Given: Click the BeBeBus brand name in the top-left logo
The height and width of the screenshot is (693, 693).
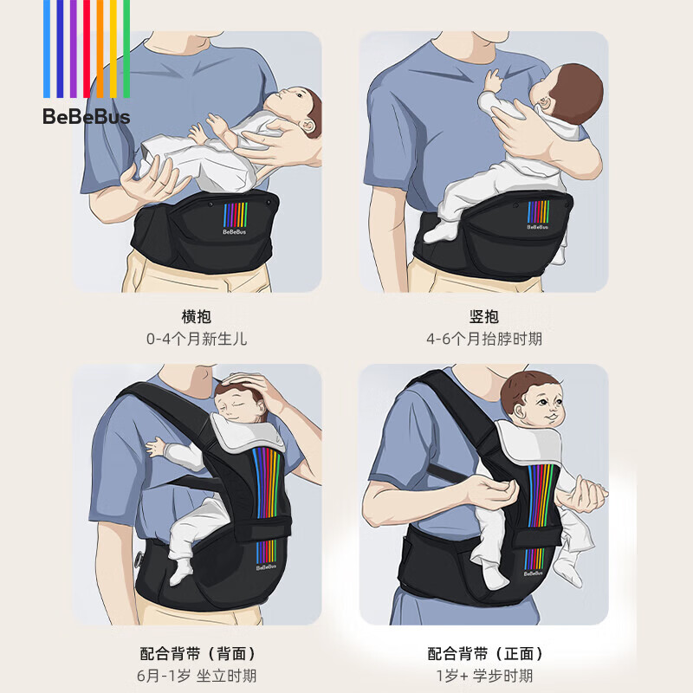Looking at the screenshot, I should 86,117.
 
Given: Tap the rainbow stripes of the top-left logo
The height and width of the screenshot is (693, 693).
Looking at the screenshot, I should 86,48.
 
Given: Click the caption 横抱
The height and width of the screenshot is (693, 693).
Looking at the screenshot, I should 197,316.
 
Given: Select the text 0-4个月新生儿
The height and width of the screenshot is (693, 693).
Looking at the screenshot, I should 197,339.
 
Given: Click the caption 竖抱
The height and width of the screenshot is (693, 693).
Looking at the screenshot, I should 484,316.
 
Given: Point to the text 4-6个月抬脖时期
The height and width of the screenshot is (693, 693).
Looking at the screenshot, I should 484,339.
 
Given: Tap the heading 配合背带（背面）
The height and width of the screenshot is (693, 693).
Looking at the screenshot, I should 197,653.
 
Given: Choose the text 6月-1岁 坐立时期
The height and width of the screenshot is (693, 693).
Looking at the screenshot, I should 197,676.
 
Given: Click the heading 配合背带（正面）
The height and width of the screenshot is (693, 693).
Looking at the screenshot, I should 484,653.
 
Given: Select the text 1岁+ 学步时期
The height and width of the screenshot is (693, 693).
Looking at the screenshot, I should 484,676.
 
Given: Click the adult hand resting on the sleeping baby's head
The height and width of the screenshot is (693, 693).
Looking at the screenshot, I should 260,390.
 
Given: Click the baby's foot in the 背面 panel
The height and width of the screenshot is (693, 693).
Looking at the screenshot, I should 182,572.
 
